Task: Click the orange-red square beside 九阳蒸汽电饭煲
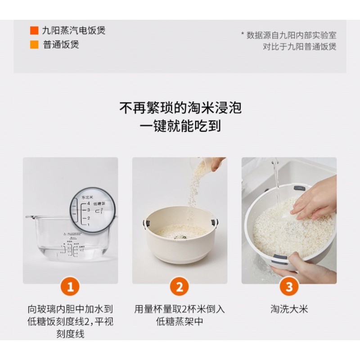(x=34, y=31)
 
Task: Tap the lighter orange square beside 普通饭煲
(x=34, y=45)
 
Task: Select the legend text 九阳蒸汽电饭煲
(x=74, y=31)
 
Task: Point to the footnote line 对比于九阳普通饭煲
(x=300, y=46)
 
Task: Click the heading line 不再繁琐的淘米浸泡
(x=180, y=108)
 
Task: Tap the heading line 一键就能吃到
(x=180, y=126)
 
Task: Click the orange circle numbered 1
(x=70, y=286)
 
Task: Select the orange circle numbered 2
(x=180, y=286)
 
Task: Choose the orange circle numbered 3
(x=289, y=286)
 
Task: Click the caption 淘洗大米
(x=289, y=309)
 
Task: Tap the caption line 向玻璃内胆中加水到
(x=70, y=309)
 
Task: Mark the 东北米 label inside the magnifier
(x=86, y=197)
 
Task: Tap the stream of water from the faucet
(x=276, y=180)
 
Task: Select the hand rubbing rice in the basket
(x=315, y=198)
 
